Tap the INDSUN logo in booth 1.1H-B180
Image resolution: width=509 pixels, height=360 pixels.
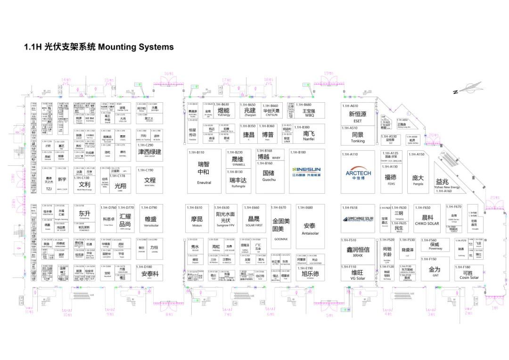[306, 170]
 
